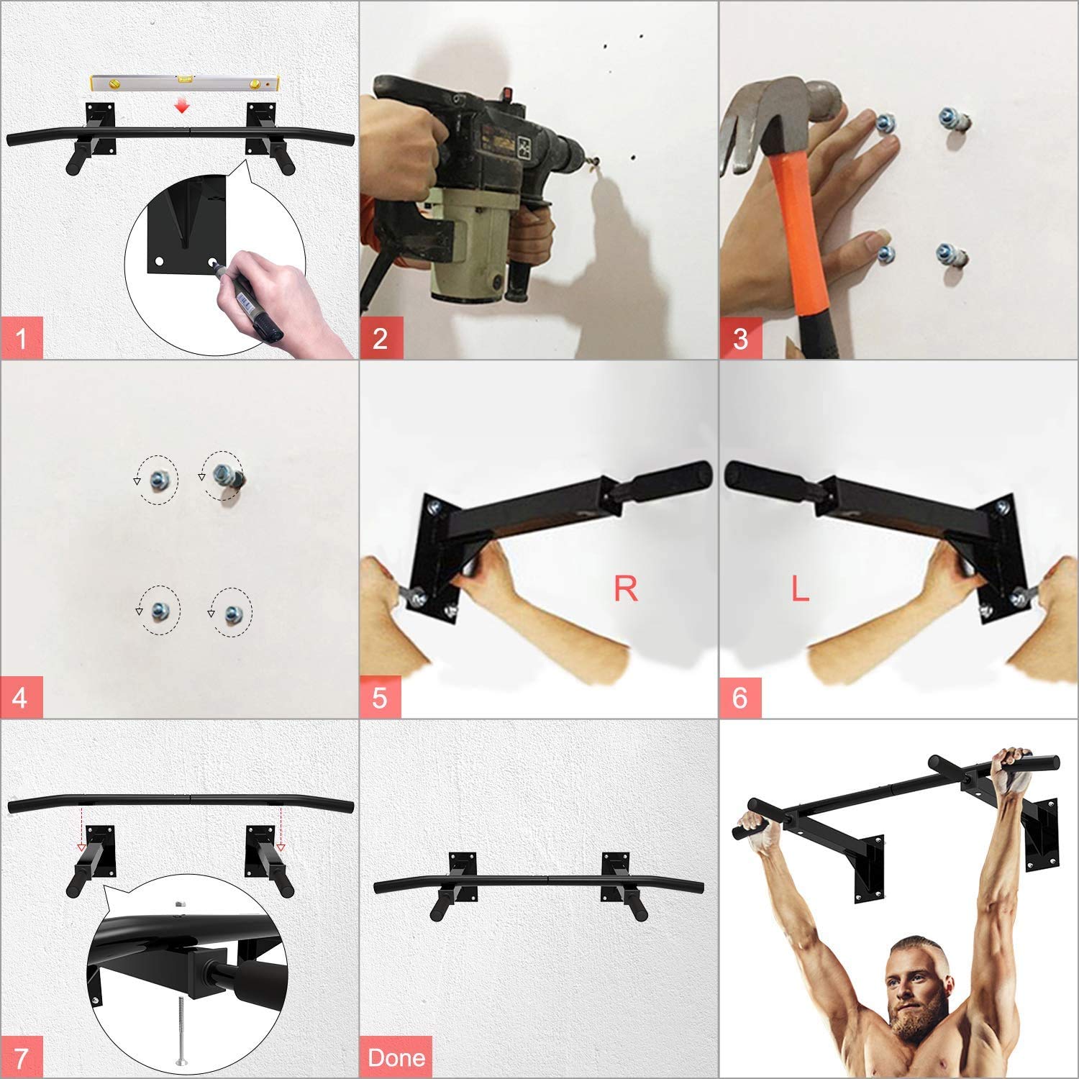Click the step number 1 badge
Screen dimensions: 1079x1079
22,337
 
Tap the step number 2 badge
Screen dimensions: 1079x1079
381,337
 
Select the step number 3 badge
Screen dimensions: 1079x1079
741,337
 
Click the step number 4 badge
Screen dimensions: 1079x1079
22,697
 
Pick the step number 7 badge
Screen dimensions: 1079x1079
22,1057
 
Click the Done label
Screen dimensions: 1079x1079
396,1057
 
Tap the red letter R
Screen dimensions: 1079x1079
625,588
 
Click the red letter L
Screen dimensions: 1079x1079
800,588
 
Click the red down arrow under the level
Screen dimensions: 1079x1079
183,106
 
